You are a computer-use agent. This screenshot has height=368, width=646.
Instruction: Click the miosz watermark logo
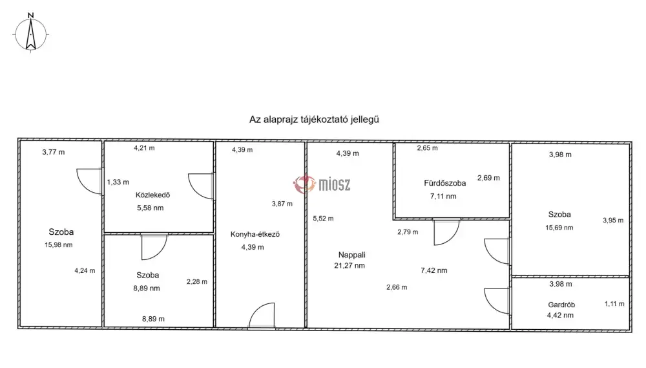coord(322,184)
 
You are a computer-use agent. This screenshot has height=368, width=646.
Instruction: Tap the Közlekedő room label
coord(153,195)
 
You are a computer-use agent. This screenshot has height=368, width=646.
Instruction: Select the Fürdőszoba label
coord(445,183)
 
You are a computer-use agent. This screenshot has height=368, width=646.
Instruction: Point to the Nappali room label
coord(352,255)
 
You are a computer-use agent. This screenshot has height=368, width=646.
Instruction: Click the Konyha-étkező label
coord(255,234)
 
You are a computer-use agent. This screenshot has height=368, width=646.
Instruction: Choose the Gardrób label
coord(561,305)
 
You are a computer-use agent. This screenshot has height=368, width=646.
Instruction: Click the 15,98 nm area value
coord(59,245)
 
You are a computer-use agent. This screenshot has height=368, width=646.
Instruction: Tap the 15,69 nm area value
coord(559,228)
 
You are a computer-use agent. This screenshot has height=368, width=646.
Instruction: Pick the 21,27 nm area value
coord(349,266)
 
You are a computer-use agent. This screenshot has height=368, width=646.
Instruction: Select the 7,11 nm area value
coord(443,197)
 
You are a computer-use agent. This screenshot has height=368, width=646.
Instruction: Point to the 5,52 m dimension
coord(324,219)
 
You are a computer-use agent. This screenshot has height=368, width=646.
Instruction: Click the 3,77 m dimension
coord(54,152)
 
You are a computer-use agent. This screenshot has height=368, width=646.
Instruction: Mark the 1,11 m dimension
coord(614,304)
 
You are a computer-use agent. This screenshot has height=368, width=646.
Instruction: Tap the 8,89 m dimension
coord(153,319)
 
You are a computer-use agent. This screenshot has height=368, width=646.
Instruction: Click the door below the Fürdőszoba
coord(446,232)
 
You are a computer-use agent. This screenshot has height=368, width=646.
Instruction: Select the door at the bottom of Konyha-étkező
coord(262,316)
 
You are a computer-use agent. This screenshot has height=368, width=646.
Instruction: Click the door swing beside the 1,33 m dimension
coord(89,181)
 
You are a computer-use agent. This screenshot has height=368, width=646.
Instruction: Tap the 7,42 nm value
coord(434,270)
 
